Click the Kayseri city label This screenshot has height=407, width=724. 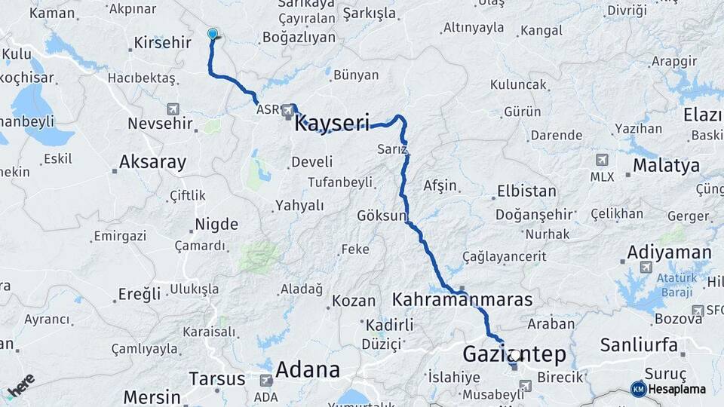[x=332, y=123]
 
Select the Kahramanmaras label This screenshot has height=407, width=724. [x=462, y=300]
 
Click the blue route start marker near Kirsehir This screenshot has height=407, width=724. [x=213, y=34]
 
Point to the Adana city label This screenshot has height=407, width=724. [x=308, y=370]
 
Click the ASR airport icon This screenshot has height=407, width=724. [x=287, y=112]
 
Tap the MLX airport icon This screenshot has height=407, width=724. [x=602, y=160]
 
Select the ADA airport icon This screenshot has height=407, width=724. [x=265, y=381]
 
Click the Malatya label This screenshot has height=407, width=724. [x=666, y=166]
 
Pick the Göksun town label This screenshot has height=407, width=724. [x=381, y=216]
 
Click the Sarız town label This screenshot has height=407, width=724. [x=392, y=149]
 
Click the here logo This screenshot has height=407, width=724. [x=20, y=385]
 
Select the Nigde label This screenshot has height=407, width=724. [x=216, y=224]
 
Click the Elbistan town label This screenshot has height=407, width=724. [x=526, y=191]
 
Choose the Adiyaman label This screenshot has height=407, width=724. [x=669, y=252]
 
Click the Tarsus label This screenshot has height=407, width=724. [x=216, y=378]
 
